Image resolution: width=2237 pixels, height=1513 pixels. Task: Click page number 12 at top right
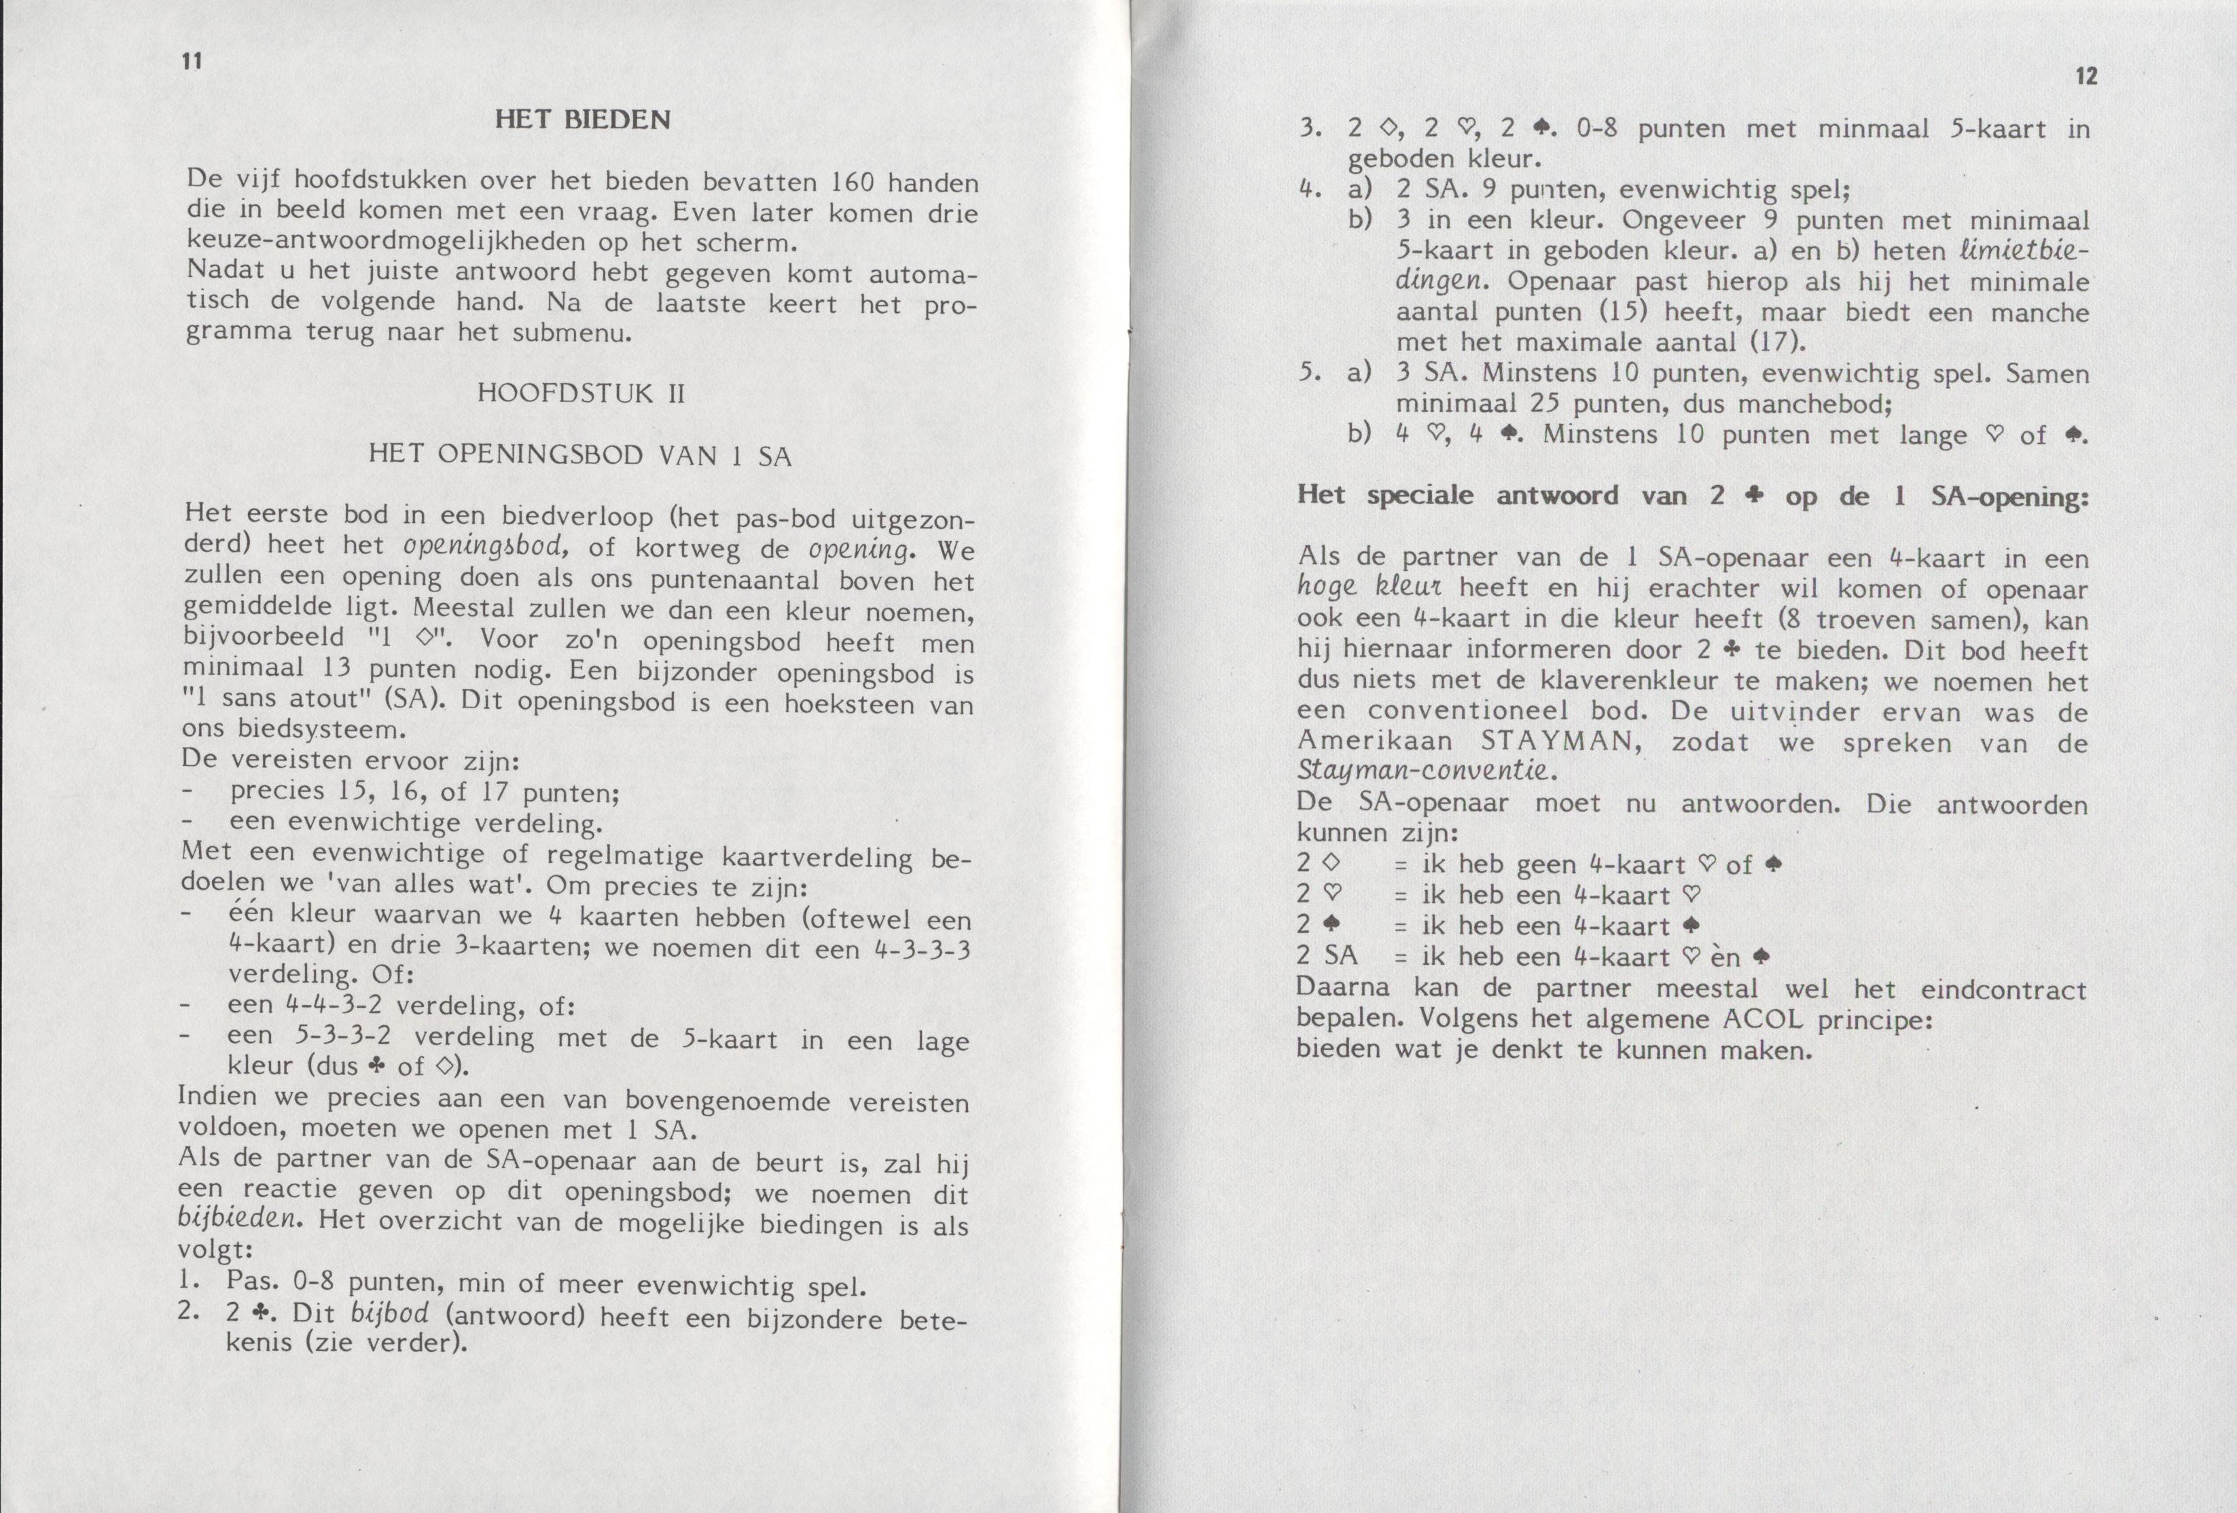click(x=2086, y=77)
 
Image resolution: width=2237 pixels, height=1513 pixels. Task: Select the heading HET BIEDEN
click(x=582, y=120)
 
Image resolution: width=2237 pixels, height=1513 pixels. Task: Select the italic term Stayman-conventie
click(x=1424, y=772)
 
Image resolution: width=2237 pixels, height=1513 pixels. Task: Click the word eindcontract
click(x=2004, y=989)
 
